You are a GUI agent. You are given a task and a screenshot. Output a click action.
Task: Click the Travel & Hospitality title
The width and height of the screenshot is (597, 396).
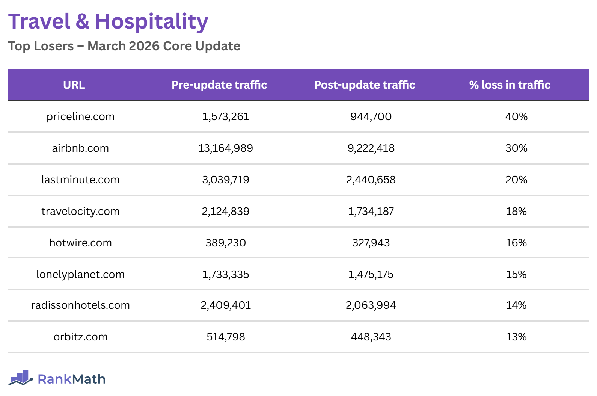click(x=108, y=21)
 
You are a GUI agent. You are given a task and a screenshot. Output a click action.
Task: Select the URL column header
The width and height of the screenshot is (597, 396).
click(x=74, y=85)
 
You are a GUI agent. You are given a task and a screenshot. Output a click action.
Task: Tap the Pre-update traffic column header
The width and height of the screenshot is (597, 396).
click(x=219, y=85)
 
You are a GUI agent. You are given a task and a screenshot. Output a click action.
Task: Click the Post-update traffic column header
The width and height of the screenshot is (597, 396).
click(x=365, y=85)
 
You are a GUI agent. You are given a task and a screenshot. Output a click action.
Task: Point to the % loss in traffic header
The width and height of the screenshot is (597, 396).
click(x=510, y=85)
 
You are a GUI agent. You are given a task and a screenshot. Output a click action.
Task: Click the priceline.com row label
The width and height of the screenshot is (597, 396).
click(x=80, y=117)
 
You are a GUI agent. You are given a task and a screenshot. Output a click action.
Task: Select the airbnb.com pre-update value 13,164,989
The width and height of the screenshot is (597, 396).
click(x=225, y=148)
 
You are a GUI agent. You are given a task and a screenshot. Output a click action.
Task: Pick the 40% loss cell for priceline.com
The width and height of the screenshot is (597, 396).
click(x=516, y=117)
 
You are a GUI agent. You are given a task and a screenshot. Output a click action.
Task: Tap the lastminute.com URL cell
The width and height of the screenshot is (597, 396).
click(x=80, y=180)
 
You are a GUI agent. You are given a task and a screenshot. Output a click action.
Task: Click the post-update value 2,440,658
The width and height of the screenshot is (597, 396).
click(x=371, y=180)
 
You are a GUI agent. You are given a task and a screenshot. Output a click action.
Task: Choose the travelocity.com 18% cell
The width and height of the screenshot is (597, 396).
click(x=516, y=212)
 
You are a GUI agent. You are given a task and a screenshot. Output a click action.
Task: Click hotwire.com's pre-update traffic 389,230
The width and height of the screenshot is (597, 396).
click(x=225, y=243)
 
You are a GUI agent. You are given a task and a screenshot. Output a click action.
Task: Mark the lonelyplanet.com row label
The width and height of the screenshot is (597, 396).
click(x=80, y=275)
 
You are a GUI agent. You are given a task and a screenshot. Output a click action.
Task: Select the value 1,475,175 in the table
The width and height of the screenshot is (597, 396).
click(x=371, y=275)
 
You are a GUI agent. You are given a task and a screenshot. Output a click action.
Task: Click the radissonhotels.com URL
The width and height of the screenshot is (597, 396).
click(x=80, y=305)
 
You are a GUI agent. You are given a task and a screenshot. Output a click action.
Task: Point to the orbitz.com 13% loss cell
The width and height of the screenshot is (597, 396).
click(x=516, y=337)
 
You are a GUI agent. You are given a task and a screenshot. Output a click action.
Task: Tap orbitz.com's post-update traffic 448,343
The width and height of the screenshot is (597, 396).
click(x=371, y=337)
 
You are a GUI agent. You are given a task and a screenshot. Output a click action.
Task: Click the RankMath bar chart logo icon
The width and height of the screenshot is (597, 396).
click(x=21, y=378)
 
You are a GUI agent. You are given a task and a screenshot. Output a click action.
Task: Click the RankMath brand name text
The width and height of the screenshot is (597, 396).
click(x=72, y=379)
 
